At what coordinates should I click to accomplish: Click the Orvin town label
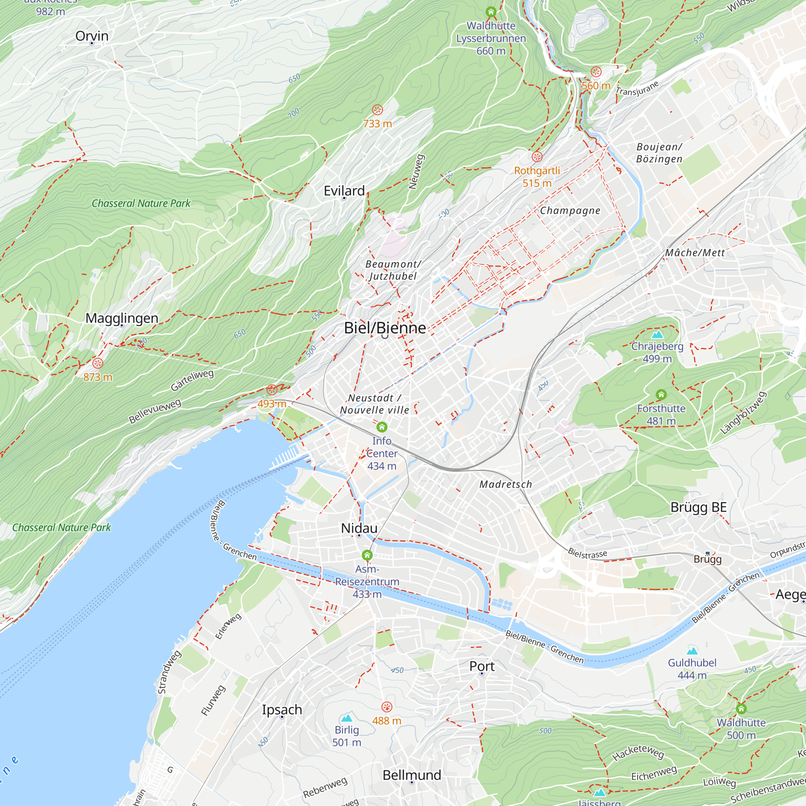[92, 36]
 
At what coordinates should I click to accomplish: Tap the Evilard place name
[344, 191]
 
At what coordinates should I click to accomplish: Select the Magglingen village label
[122, 318]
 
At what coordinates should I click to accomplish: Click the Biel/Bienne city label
[384, 328]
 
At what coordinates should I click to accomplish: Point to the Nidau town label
[359, 528]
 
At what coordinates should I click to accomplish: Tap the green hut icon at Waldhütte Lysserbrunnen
[491, 12]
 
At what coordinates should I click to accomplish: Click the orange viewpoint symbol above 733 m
[377, 110]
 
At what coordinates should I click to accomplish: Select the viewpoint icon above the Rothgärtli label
[537, 157]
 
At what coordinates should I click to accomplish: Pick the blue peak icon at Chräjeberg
[657, 334]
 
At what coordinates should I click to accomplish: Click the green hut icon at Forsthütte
[661, 395]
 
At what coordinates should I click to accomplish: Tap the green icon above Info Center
[382, 427]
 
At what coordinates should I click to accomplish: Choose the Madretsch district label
[506, 484]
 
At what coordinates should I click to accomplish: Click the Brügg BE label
[699, 507]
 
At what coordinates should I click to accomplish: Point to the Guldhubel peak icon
[692, 651]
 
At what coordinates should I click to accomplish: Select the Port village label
[482, 666]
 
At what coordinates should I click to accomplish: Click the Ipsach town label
[282, 710]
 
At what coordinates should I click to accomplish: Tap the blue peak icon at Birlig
[347, 718]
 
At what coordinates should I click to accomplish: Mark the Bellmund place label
[412, 775]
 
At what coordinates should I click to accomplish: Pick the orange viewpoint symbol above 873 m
[98, 363]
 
